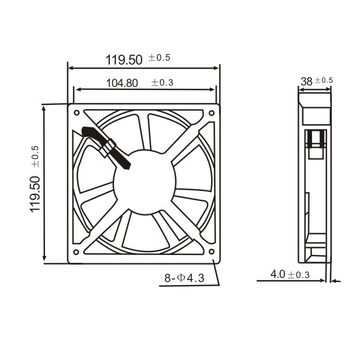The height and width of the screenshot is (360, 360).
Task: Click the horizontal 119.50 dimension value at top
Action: click(124, 60)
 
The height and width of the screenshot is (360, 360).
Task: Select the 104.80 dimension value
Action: click(122, 83)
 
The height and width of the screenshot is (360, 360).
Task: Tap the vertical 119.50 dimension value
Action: click(35, 194)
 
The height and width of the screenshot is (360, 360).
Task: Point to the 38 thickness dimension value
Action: click(307, 82)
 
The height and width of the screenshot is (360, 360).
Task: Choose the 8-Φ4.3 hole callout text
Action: click(184, 278)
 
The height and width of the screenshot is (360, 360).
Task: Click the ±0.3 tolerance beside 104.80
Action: click(162, 82)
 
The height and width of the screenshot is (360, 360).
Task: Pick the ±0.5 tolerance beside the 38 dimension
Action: click(324, 80)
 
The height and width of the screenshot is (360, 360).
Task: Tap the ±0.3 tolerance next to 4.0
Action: click(299, 275)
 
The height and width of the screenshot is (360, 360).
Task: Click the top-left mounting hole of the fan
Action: click(77, 113)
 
